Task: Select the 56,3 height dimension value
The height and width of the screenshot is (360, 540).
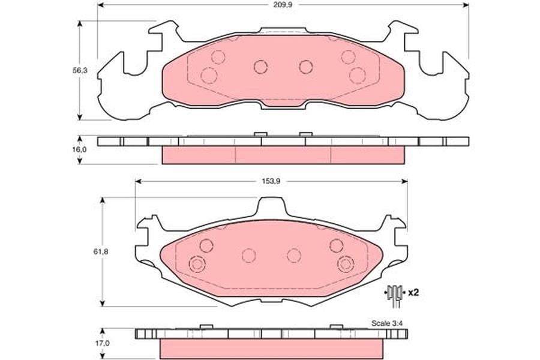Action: [x=80, y=70]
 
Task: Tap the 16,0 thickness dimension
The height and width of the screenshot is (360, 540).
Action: [x=80, y=149]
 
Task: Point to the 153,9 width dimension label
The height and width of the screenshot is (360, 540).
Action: [x=272, y=181]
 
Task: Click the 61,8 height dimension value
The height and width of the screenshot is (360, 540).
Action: [x=101, y=251]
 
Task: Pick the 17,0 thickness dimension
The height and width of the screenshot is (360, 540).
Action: [x=103, y=343]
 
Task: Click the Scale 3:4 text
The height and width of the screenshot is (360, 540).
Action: [x=387, y=323]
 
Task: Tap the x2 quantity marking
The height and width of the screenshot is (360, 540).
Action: [x=413, y=293]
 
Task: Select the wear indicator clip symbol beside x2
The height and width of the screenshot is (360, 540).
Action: [x=394, y=295]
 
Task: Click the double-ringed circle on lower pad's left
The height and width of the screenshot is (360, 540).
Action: [x=197, y=264]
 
